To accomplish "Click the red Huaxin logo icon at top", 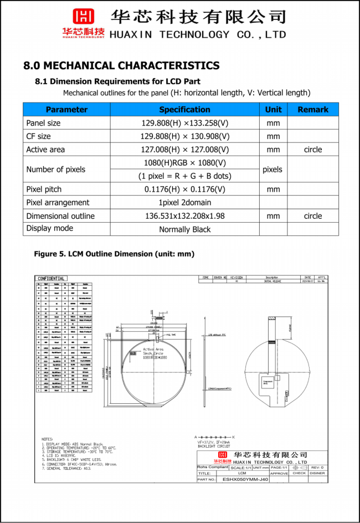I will tap(84, 17).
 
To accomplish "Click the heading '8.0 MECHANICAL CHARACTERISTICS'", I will tap(121, 66).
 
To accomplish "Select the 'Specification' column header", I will tap(184, 110).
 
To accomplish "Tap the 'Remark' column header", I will tap(313, 110).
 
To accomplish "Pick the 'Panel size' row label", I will tap(43, 123).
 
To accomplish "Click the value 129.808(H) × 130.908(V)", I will tap(184, 136).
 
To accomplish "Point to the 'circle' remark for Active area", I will tap(313, 150).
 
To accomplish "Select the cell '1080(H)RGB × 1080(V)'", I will tap(184, 163).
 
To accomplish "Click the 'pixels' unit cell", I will tap(272, 170).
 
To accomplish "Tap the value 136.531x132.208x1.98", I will tap(184, 216).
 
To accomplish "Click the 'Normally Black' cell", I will tap(184, 229).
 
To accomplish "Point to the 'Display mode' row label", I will tap(49, 228).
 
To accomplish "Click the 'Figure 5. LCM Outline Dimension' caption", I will tap(114, 254).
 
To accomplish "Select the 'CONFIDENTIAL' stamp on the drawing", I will tap(51, 279).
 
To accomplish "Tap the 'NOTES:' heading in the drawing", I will tap(48, 439).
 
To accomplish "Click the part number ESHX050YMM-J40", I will tap(245, 480).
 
